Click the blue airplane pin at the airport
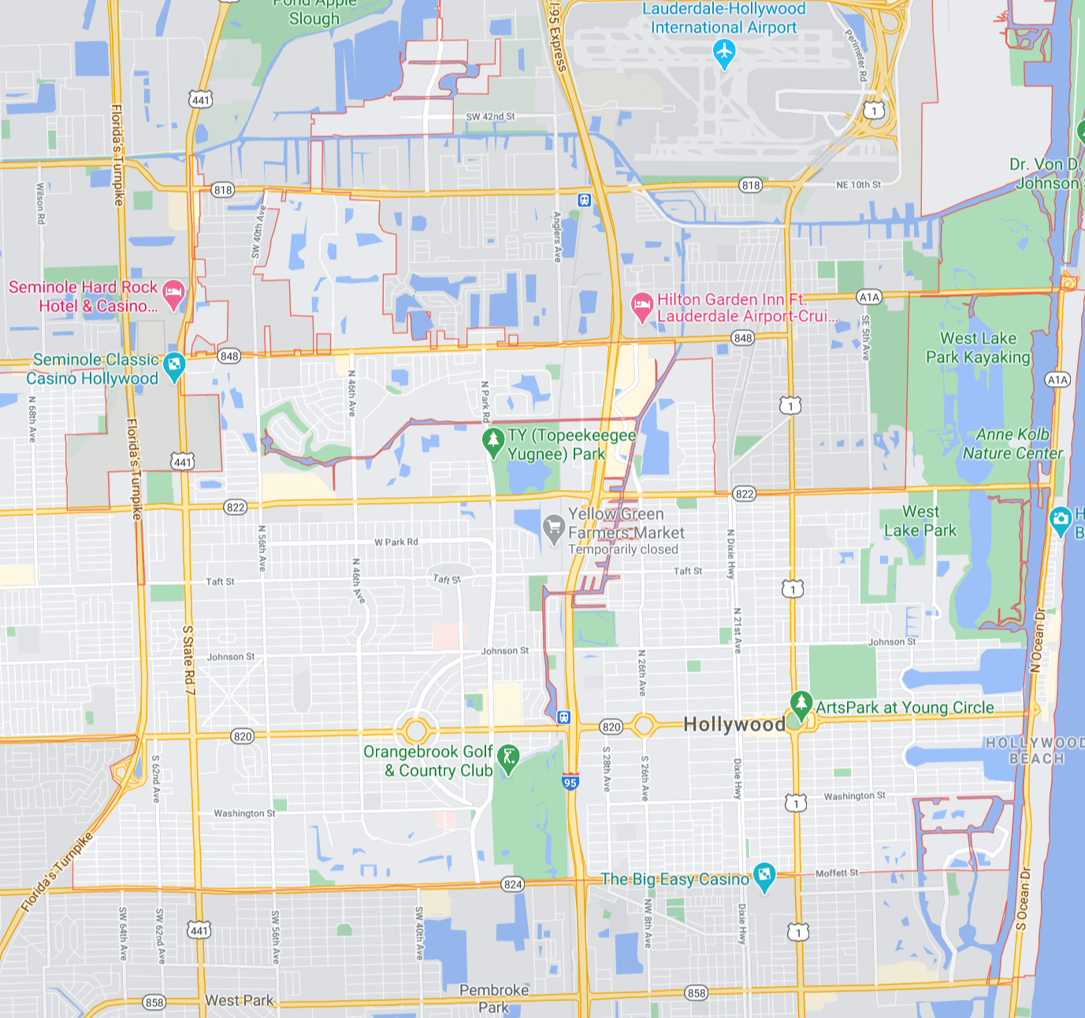click(723, 54)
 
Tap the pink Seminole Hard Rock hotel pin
click(173, 294)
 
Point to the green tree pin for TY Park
click(492, 441)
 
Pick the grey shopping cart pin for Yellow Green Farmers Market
click(554, 528)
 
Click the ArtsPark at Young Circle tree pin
click(801, 703)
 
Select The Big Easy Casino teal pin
click(764, 875)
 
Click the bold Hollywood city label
click(734, 724)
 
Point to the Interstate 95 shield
click(570, 782)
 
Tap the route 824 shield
click(513, 884)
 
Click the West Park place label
click(239, 1000)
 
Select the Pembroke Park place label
click(494, 998)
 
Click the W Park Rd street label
click(396, 542)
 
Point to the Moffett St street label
click(837, 872)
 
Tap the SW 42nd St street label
click(490, 117)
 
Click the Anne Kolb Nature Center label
click(1013, 444)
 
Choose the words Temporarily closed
click(622, 550)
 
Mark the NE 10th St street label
click(858, 185)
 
